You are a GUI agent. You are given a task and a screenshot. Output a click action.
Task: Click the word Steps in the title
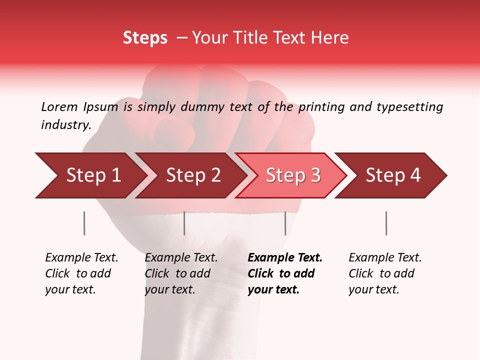pyautogui.click(x=145, y=38)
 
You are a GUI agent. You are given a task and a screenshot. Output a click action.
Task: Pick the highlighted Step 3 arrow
pyautogui.click(x=292, y=175)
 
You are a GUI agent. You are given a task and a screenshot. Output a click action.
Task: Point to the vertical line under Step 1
pyautogui.click(x=84, y=223)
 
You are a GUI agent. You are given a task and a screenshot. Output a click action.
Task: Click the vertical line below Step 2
pyautogui.click(x=184, y=223)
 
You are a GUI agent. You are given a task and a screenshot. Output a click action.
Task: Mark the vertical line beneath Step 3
pyautogui.click(x=285, y=223)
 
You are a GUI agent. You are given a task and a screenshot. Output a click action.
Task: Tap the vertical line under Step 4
pyautogui.click(x=386, y=223)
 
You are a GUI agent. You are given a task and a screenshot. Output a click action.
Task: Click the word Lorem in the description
pyautogui.click(x=59, y=106)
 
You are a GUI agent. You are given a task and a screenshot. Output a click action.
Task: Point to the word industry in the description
pyautogui.click(x=66, y=124)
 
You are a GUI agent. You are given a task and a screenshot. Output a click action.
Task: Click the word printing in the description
pyautogui.click(x=321, y=106)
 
